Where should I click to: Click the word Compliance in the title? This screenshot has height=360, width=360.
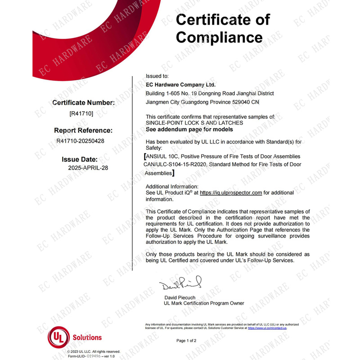[x=219, y=36]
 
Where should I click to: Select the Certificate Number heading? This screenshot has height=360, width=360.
[x=84, y=103]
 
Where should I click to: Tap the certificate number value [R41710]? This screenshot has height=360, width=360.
[x=81, y=114]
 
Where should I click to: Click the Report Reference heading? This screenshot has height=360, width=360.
[x=83, y=130]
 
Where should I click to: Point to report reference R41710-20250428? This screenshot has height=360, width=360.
[x=81, y=140]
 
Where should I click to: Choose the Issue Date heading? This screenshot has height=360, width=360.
[x=85, y=159]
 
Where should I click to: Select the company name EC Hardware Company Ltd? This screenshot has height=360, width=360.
[x=181, y=85]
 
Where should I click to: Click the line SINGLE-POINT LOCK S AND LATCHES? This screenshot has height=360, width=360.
[x=194, y=123]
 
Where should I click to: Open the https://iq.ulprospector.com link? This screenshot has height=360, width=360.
[x=231, y=193]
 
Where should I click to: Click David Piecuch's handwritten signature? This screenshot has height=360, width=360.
[x=180, y=284]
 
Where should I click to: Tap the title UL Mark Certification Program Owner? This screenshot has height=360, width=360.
[x=204, y=303]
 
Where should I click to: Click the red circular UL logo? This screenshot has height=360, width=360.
[x=58, y=337]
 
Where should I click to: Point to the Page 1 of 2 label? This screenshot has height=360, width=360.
[x=186, y=341]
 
